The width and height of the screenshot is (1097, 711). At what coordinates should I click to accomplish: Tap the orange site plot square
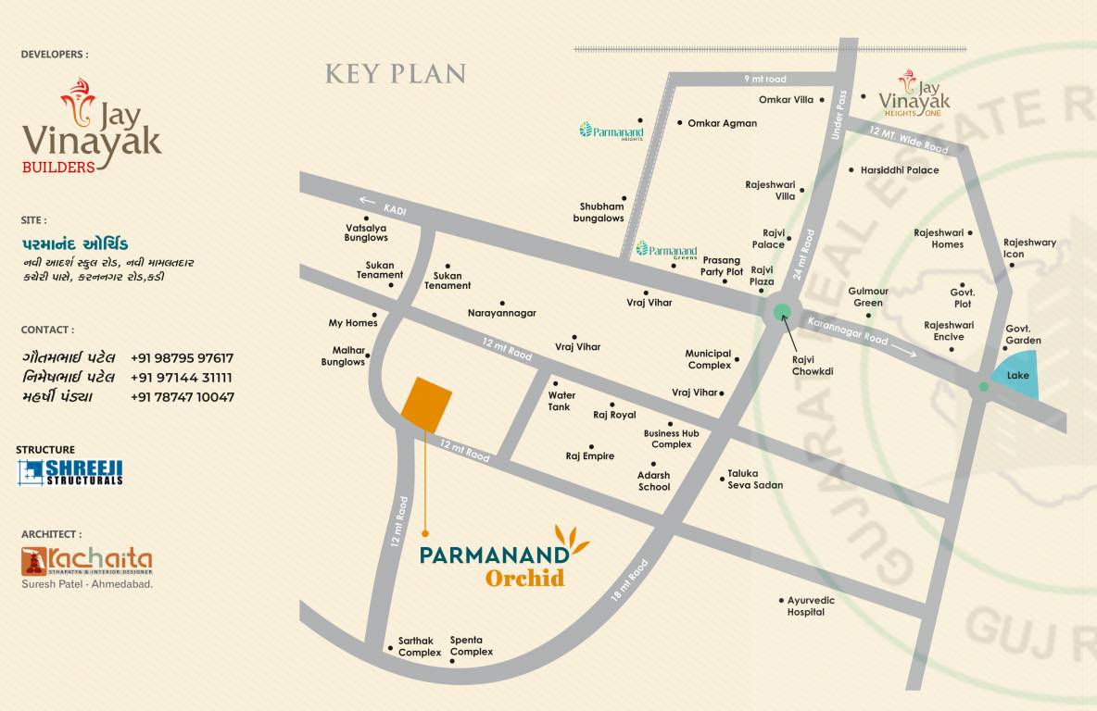[426, 405]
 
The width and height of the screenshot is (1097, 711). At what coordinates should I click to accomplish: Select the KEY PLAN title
[396, 74]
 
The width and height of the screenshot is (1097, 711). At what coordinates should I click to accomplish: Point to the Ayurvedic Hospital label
[811, 606]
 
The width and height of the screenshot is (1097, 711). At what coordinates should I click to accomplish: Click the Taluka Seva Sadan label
[755, 479]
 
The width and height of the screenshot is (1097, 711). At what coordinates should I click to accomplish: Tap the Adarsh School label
[653, 481]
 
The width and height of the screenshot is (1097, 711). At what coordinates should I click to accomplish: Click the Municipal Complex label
[709, 359]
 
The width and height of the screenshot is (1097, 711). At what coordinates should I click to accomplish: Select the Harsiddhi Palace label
[899, 170]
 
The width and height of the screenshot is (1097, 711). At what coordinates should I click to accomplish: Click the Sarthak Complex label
[420, 646]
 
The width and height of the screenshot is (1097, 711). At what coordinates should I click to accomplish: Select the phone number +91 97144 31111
[182, 378]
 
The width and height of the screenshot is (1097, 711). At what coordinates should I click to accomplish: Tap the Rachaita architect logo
[87, 561]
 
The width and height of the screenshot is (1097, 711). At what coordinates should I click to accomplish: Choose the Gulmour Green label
[868, 296]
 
